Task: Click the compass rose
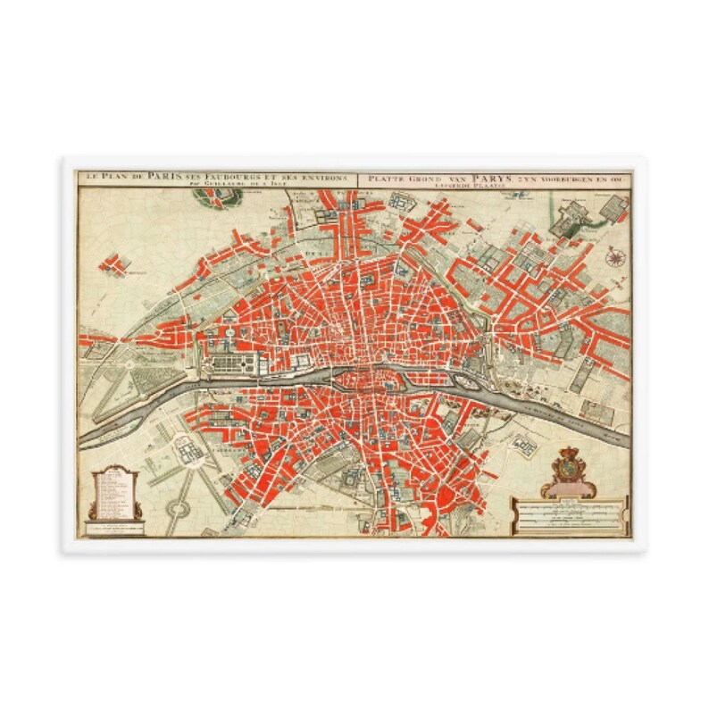pyautogui.click(x=614, y=258)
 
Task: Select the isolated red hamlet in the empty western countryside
pyautogui.click(x=111, y=264)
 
